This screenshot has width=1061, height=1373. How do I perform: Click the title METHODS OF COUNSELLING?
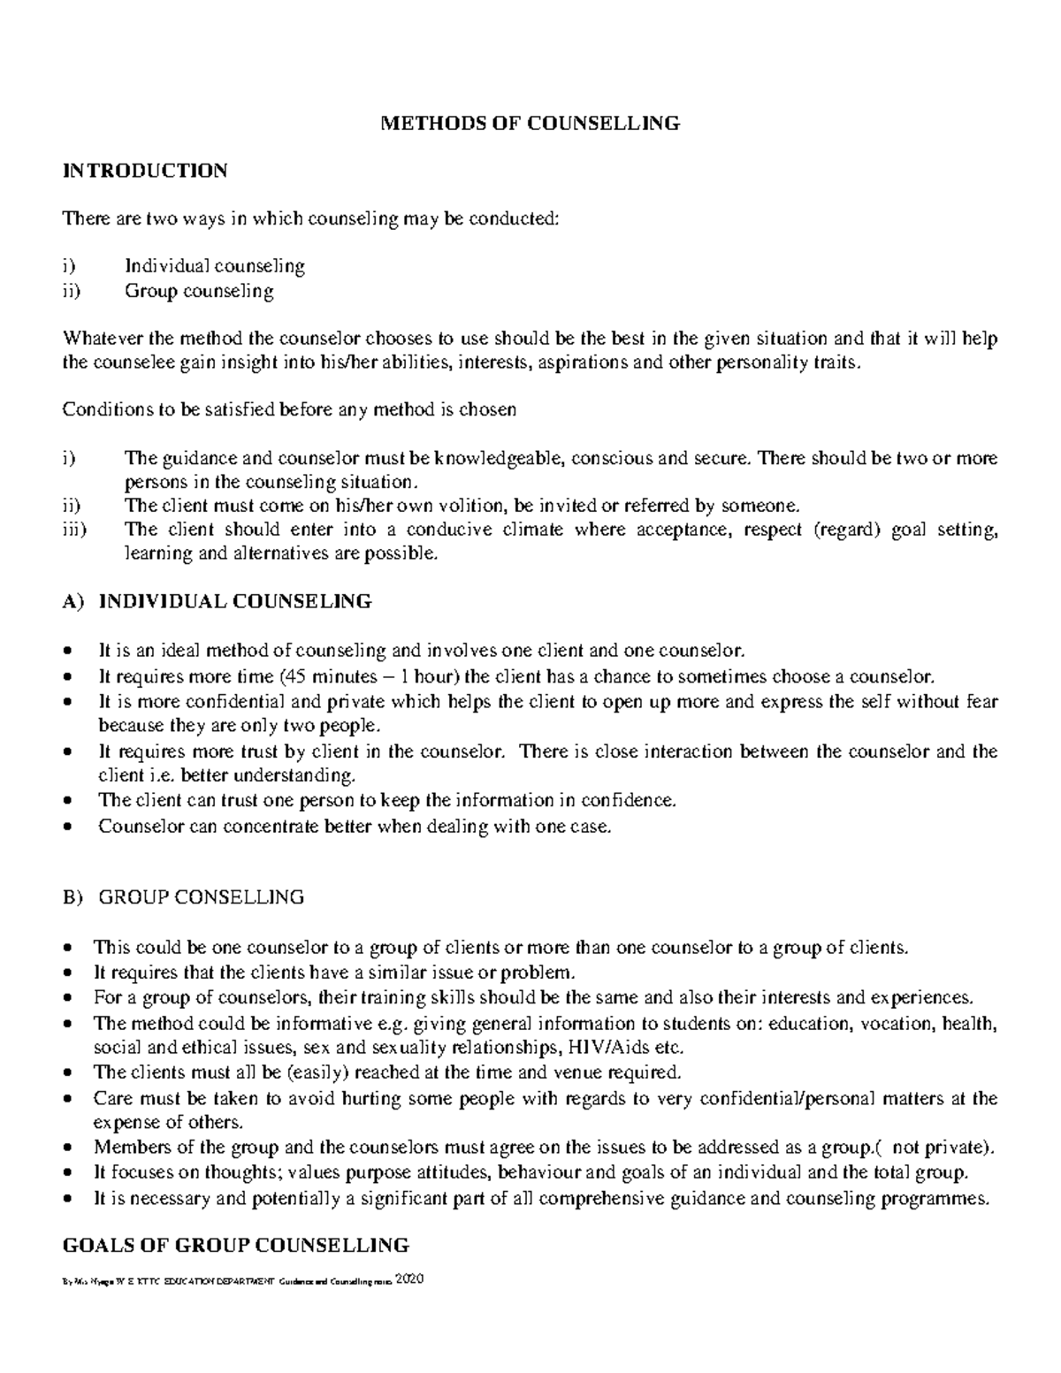[530, 123]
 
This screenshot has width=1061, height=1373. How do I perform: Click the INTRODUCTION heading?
[144, 171]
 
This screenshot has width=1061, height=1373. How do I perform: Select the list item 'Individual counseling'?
[214, 265]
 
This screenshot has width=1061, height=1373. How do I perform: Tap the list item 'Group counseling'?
[199, 290]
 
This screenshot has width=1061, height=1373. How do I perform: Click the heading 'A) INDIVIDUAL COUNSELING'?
[217, 602]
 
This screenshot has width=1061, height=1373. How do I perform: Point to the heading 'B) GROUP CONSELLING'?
[183, 897]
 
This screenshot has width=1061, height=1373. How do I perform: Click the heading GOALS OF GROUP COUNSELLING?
[235, 1246]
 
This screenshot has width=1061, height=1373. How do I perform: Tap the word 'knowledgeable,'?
[499, 458]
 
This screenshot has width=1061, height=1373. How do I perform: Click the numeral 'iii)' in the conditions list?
[73, 530]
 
